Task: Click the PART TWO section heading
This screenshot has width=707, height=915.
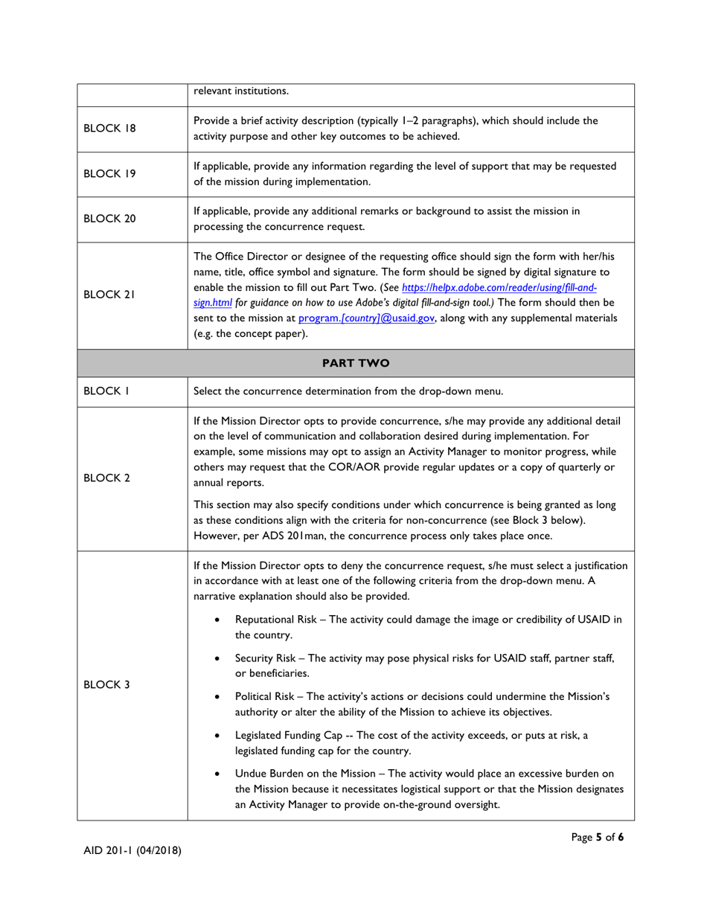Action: (354, 363)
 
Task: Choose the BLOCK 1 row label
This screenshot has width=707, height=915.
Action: (101, 391)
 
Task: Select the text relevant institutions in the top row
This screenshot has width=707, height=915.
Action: (241, 91)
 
